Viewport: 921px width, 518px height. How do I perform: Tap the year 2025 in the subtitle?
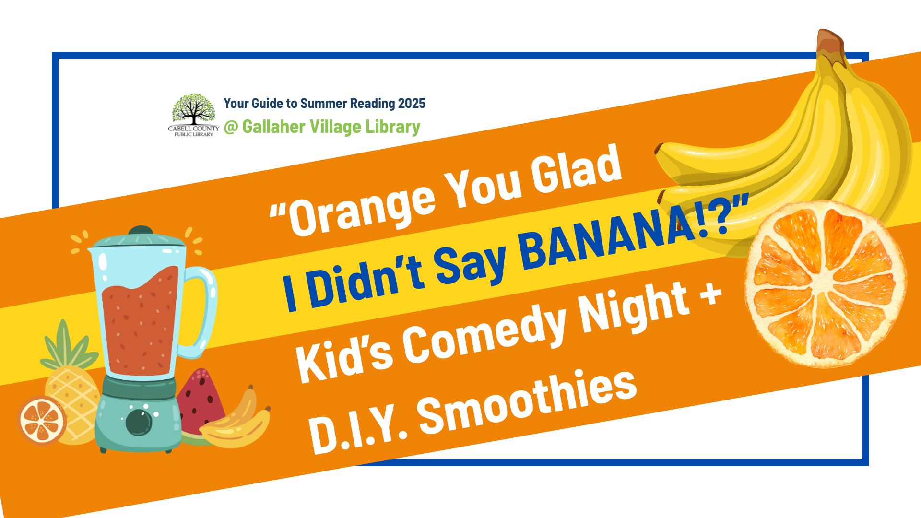(411, 103)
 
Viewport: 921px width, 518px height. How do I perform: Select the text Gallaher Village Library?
(331, 127)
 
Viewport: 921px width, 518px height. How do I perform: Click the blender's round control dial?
(139, 422)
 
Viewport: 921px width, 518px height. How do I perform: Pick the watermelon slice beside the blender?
(200, 405)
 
